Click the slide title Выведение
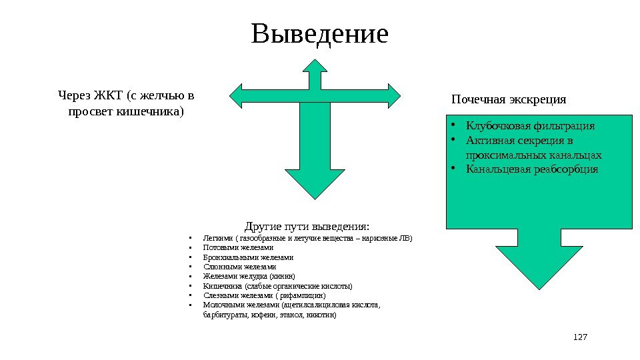coord(319,35)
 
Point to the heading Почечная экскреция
coord(509,100)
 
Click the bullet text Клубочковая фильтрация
coord(531,125)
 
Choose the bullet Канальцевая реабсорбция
coord(532,169)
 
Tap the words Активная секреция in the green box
coord(508,141)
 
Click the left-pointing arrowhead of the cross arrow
coord(240,95)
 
